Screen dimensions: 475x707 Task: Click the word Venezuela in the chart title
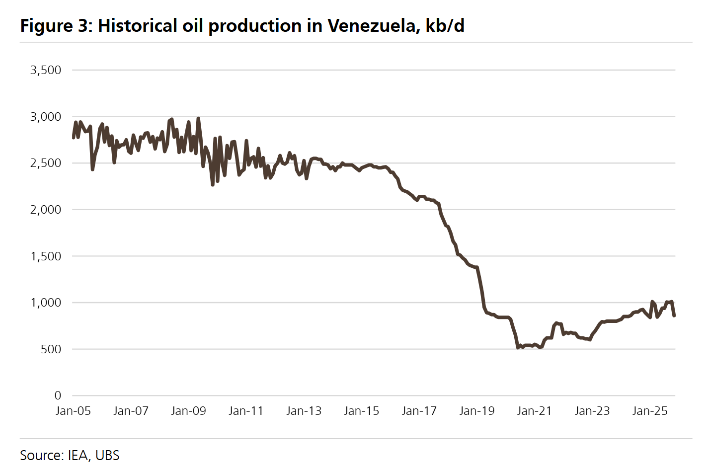point(371,26)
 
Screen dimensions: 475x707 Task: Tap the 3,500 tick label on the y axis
point(46,70)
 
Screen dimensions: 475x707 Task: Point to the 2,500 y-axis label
point(46,163)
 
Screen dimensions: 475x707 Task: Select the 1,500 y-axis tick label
point(46,256)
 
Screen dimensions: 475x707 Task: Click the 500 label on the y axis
point(51,349)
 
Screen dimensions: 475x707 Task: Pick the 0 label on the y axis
point(58,396)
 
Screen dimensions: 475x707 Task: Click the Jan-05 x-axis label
point(73,411)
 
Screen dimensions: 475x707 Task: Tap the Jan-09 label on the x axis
point(188,411)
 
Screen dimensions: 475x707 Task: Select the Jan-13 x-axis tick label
point(304,411)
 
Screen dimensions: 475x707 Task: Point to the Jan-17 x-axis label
point(419,411)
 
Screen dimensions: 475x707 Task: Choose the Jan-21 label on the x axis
point(534,411)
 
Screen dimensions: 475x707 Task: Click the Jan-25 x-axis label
point(649,411)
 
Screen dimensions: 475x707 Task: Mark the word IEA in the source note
point(78,456)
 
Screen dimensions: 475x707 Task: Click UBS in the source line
point(107,456)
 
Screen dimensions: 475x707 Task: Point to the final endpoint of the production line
point(674,316)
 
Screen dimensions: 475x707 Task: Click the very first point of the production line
point(74,138)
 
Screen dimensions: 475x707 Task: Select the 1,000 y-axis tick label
point(46,303)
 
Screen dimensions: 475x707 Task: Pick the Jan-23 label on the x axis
point(592,411)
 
